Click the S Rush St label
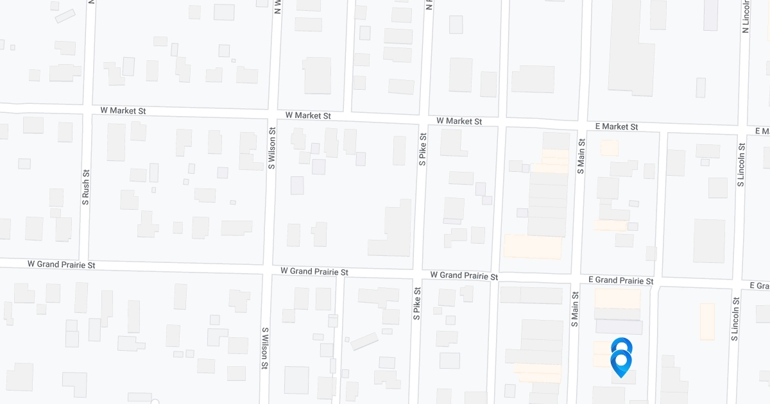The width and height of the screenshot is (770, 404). pyautogui.click(x=85, y=187)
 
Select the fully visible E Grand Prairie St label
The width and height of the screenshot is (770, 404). pyautogui.click(x=620, y=281)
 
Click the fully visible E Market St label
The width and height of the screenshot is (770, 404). pyautogui.click(x=616, y=127)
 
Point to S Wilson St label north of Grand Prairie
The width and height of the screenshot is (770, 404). pyautogui.click(x=272, y=148)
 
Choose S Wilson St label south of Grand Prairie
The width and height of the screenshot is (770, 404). pyautogui.click(x=264, y=348)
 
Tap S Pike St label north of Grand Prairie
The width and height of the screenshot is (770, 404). pyautogui.click(x=423, y=149)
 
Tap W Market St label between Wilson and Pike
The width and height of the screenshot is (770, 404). pyautogui.click(x=308, y=116)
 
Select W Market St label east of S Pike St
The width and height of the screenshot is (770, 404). pyautogui.click(x=459, y=121)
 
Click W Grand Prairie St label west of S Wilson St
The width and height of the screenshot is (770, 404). pyautogui.click(x=62, y=264)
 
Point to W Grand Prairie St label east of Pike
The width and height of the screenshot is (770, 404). pyautogui.click(x=464, y=276)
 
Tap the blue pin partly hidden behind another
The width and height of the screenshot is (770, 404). pyautogui.click(x=621, y=344)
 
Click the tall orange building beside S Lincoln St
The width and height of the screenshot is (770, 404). pyautogui.click(x=707, y=321)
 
